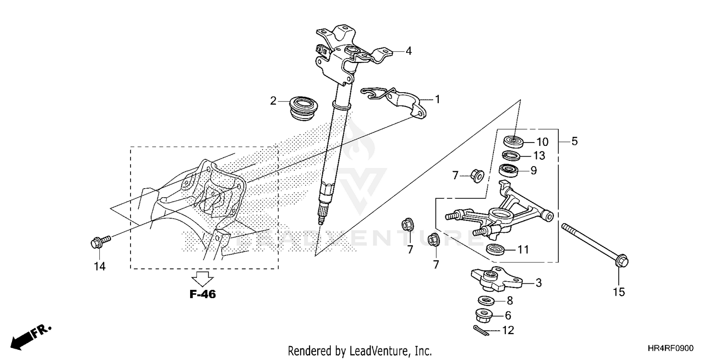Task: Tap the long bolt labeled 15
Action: coord(595,244)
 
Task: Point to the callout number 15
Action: coord(619,291)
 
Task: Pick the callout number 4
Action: coord(408,50)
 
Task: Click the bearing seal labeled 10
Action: coord(513,142)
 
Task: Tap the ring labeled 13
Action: coord(512,156)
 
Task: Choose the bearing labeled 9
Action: coord(511,170)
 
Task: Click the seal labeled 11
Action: coord(495,250)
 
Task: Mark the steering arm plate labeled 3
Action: coord(497,279)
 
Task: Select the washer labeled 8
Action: coord(488,301)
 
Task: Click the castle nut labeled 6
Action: coord(485,316)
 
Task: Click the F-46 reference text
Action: coord(203,295)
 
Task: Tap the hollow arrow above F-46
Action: coord(203,277)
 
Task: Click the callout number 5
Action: coord(575,142)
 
